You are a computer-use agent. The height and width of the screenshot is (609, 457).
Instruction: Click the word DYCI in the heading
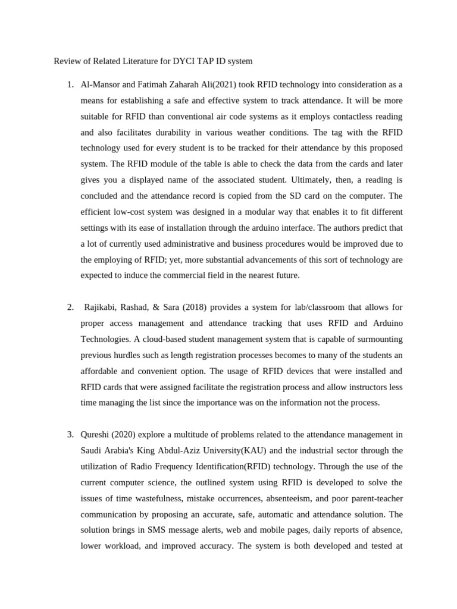[186, 61]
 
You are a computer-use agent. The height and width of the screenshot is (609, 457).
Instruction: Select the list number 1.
[70, 84]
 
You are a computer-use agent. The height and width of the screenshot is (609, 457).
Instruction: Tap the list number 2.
[70, 307]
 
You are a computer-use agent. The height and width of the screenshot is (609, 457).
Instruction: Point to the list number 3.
[70, 434]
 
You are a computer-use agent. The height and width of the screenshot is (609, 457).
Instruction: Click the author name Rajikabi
[102, 307]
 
